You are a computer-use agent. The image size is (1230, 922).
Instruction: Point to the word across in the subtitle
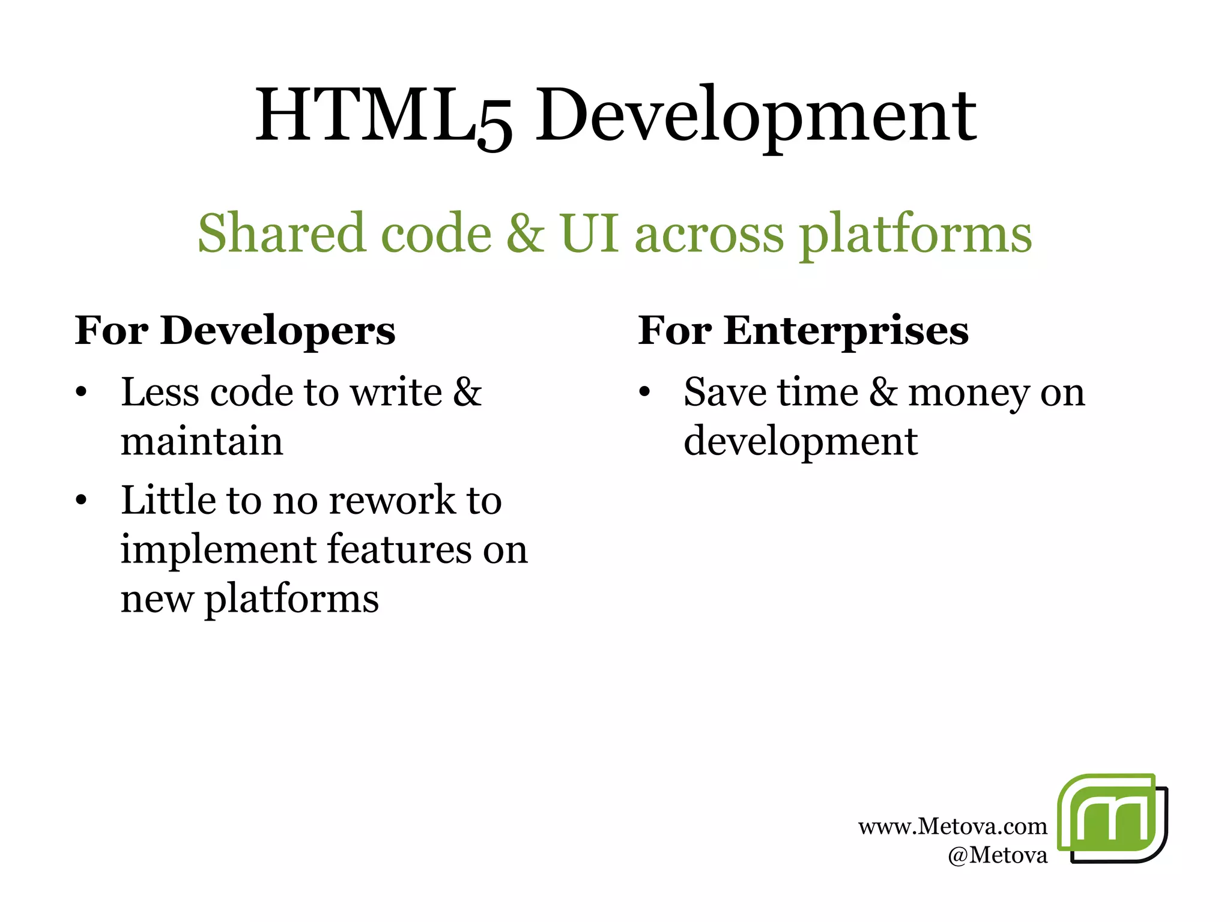tap(709, 234)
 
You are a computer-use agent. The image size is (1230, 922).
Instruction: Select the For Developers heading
tap(235, 331)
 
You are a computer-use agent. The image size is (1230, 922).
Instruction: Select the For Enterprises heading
tap(803, 331)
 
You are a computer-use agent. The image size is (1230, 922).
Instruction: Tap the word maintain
tap(202, 442)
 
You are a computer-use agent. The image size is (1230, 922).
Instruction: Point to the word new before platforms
tap(157, 599)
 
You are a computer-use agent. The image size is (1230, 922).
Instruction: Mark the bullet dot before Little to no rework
tap(82, 500)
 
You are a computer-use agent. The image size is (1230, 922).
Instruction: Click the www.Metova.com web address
tap(953, 827)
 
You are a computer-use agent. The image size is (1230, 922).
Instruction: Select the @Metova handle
tap(997, 855)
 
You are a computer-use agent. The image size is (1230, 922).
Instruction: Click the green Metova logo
tap(1112, 818)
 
